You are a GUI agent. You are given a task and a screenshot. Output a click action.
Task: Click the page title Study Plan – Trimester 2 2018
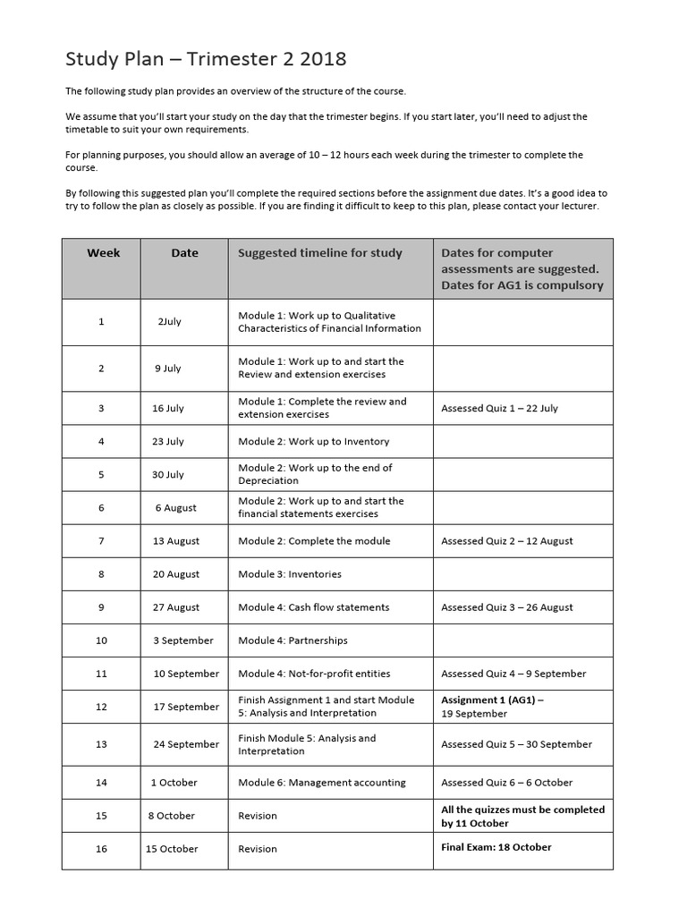(x=206, y=60)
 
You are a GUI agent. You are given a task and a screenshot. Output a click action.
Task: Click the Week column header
(x=103, y=253)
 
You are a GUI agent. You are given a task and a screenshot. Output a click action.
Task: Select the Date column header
(x=184, y=253)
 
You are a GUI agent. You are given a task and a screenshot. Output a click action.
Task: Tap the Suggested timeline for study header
(x=320, y=253)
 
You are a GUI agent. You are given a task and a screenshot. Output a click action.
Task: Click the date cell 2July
(x=170, y=322)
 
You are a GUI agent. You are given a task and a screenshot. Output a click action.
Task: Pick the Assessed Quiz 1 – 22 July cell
(x=499, y=408)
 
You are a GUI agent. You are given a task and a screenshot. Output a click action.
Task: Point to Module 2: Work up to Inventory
(x=313, y=441)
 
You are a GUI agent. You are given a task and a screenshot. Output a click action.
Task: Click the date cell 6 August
(x=175, y=507)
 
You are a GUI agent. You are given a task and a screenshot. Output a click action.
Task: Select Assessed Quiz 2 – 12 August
(x=506, y=541)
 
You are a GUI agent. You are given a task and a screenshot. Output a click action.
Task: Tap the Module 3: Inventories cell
(x=289, y=574)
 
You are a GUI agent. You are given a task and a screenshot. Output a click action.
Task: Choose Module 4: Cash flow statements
(x=313, y=607)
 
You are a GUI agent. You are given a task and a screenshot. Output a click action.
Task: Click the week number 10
(x=101, y=640)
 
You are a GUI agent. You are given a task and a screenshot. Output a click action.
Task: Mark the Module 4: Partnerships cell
(x=293, y=640)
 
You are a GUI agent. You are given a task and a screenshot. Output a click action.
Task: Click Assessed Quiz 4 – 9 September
(x=513, y=674)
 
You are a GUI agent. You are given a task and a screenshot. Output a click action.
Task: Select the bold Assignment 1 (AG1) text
(x=492, y=700)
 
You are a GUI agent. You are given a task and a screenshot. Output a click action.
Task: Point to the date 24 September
(x=186, y=744)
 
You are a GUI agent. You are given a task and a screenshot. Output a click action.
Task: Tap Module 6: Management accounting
(x=321, y=783)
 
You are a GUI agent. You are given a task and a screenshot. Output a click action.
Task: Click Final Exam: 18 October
(x=496, y=847)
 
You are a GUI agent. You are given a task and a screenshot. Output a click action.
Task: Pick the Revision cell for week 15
(x=258, y=816)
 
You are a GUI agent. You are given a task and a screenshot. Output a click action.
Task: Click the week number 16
(x=101, y=849)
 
